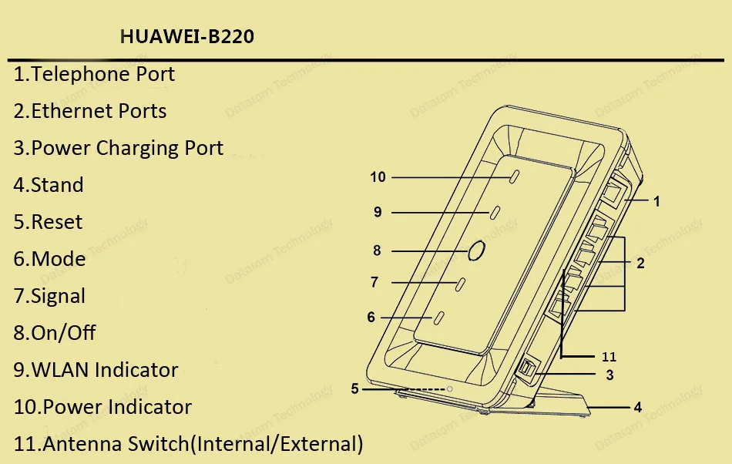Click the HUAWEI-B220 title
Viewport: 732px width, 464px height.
tap(187, 37)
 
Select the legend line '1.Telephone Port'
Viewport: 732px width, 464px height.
tap(94, 75)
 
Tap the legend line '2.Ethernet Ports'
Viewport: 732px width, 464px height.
tap(90, 111)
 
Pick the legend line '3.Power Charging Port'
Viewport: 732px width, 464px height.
tap(119, 148)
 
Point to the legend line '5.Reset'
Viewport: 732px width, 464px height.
tap(48, 222)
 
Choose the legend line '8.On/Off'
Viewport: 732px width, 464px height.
tap(55, 333)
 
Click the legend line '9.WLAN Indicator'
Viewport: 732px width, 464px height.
tap(96, 370)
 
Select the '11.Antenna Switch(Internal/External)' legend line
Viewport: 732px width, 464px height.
tap(189, 444)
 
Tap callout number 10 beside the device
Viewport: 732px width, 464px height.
tap(378, 177)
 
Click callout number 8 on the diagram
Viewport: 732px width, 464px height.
tap(377, 250)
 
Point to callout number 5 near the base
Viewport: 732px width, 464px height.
tap(355, 389)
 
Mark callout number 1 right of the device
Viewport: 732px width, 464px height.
tap(656, 201)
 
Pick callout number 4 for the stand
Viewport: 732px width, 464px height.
tap(638, 407)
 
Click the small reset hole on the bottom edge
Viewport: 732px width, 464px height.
tap(450, 389)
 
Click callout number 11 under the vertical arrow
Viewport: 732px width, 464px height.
tap(609, 357)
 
